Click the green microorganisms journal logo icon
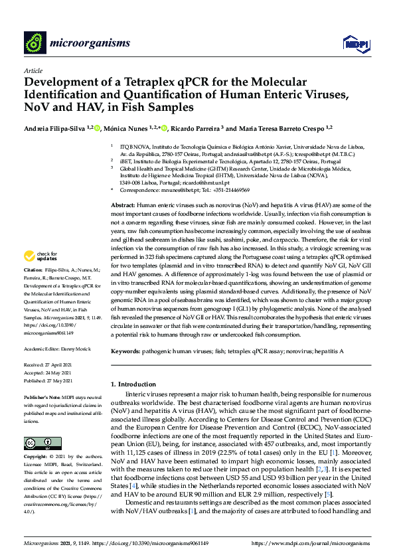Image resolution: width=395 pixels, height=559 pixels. pyautogui.click(x=35, y=43)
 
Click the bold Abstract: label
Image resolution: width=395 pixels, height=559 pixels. pyautogui.click(x=122, y=206)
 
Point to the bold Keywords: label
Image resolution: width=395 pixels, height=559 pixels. pyautogui.click(x=125, y=350)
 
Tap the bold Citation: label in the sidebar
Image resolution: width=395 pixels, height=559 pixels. pyautogui.click(x=33, y=289)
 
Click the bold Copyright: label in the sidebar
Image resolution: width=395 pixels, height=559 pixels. pyautogui.click(x=35, y=457)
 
